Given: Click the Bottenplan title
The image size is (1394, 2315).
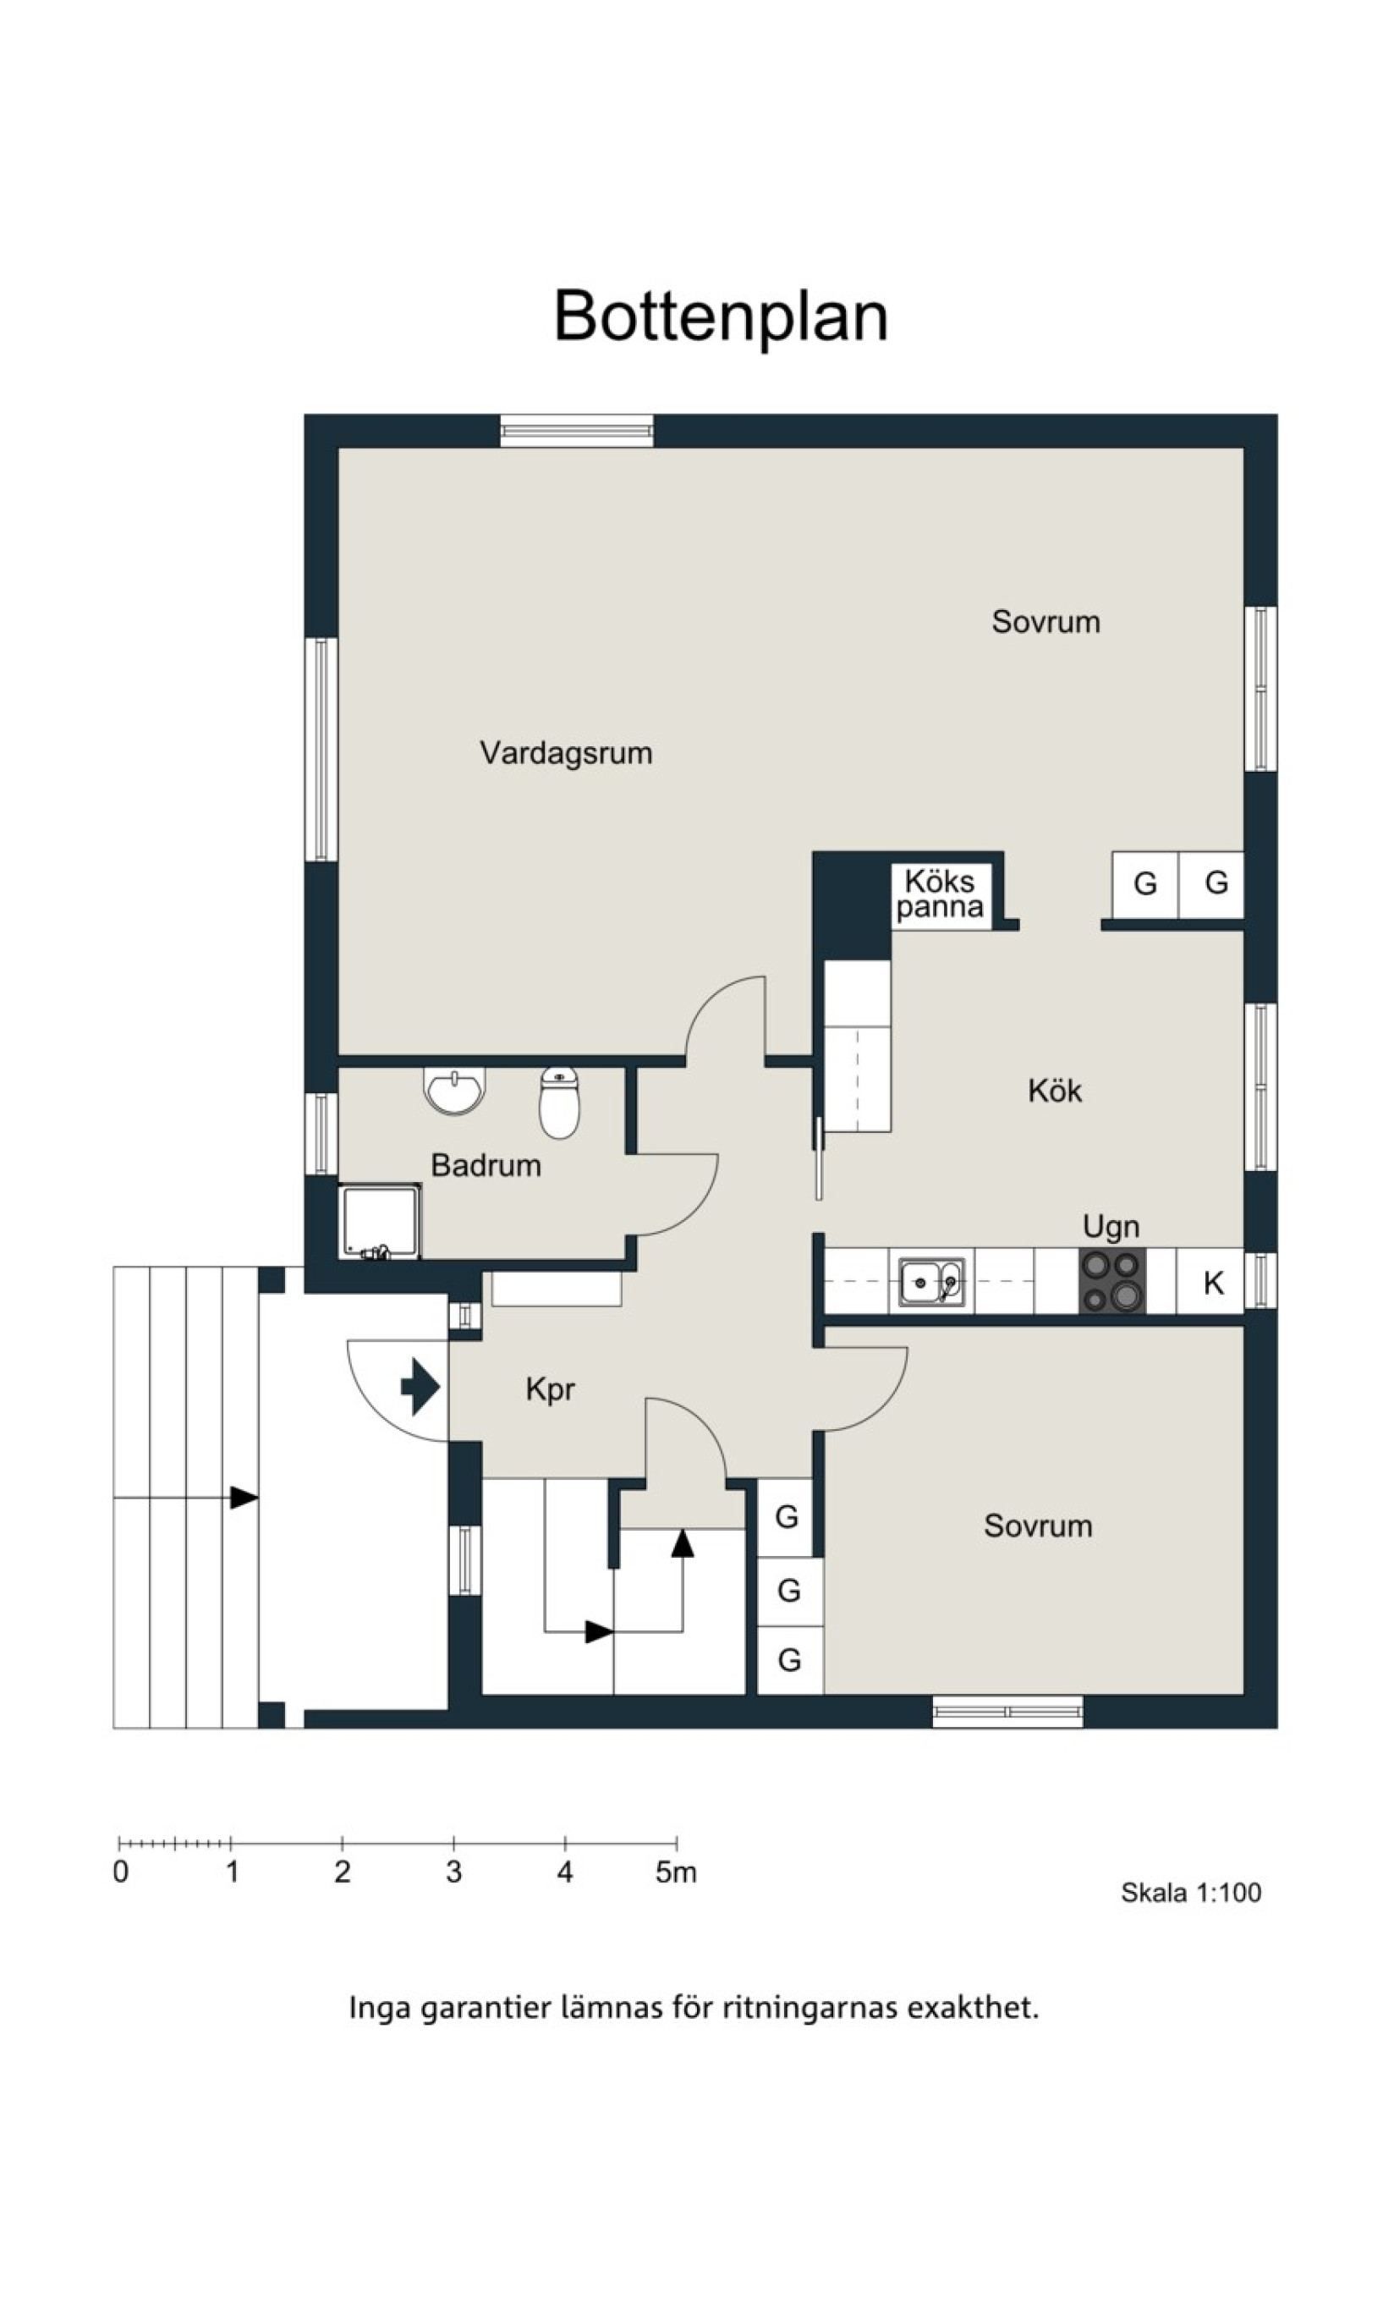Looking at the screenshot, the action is (x=721, y=316).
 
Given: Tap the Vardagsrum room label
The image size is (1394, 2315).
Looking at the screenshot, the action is (x=566, y=752).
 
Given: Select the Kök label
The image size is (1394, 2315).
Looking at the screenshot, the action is (x=1054, y=1091).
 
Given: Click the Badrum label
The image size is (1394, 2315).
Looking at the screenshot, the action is (x=486, y=1165).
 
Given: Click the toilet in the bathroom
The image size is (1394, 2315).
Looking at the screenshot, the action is (x=559, y=1103).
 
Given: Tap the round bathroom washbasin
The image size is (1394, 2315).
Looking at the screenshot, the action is (x=454, y=1091).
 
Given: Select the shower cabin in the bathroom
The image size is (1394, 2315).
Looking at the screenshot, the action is (x=380, y=1220).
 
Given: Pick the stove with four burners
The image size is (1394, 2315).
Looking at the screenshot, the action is (x=1112, y=1280).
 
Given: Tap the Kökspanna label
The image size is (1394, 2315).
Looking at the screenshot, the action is (x=940, y=894).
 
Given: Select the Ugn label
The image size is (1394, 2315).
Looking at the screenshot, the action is (x=1111, y=1227).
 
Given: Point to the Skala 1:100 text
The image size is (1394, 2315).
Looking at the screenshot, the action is (x=1190, y=1892).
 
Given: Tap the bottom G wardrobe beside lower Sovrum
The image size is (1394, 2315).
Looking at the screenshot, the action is (x=790, y=1660).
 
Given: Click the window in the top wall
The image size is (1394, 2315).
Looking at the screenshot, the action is (x=577, y=431).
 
